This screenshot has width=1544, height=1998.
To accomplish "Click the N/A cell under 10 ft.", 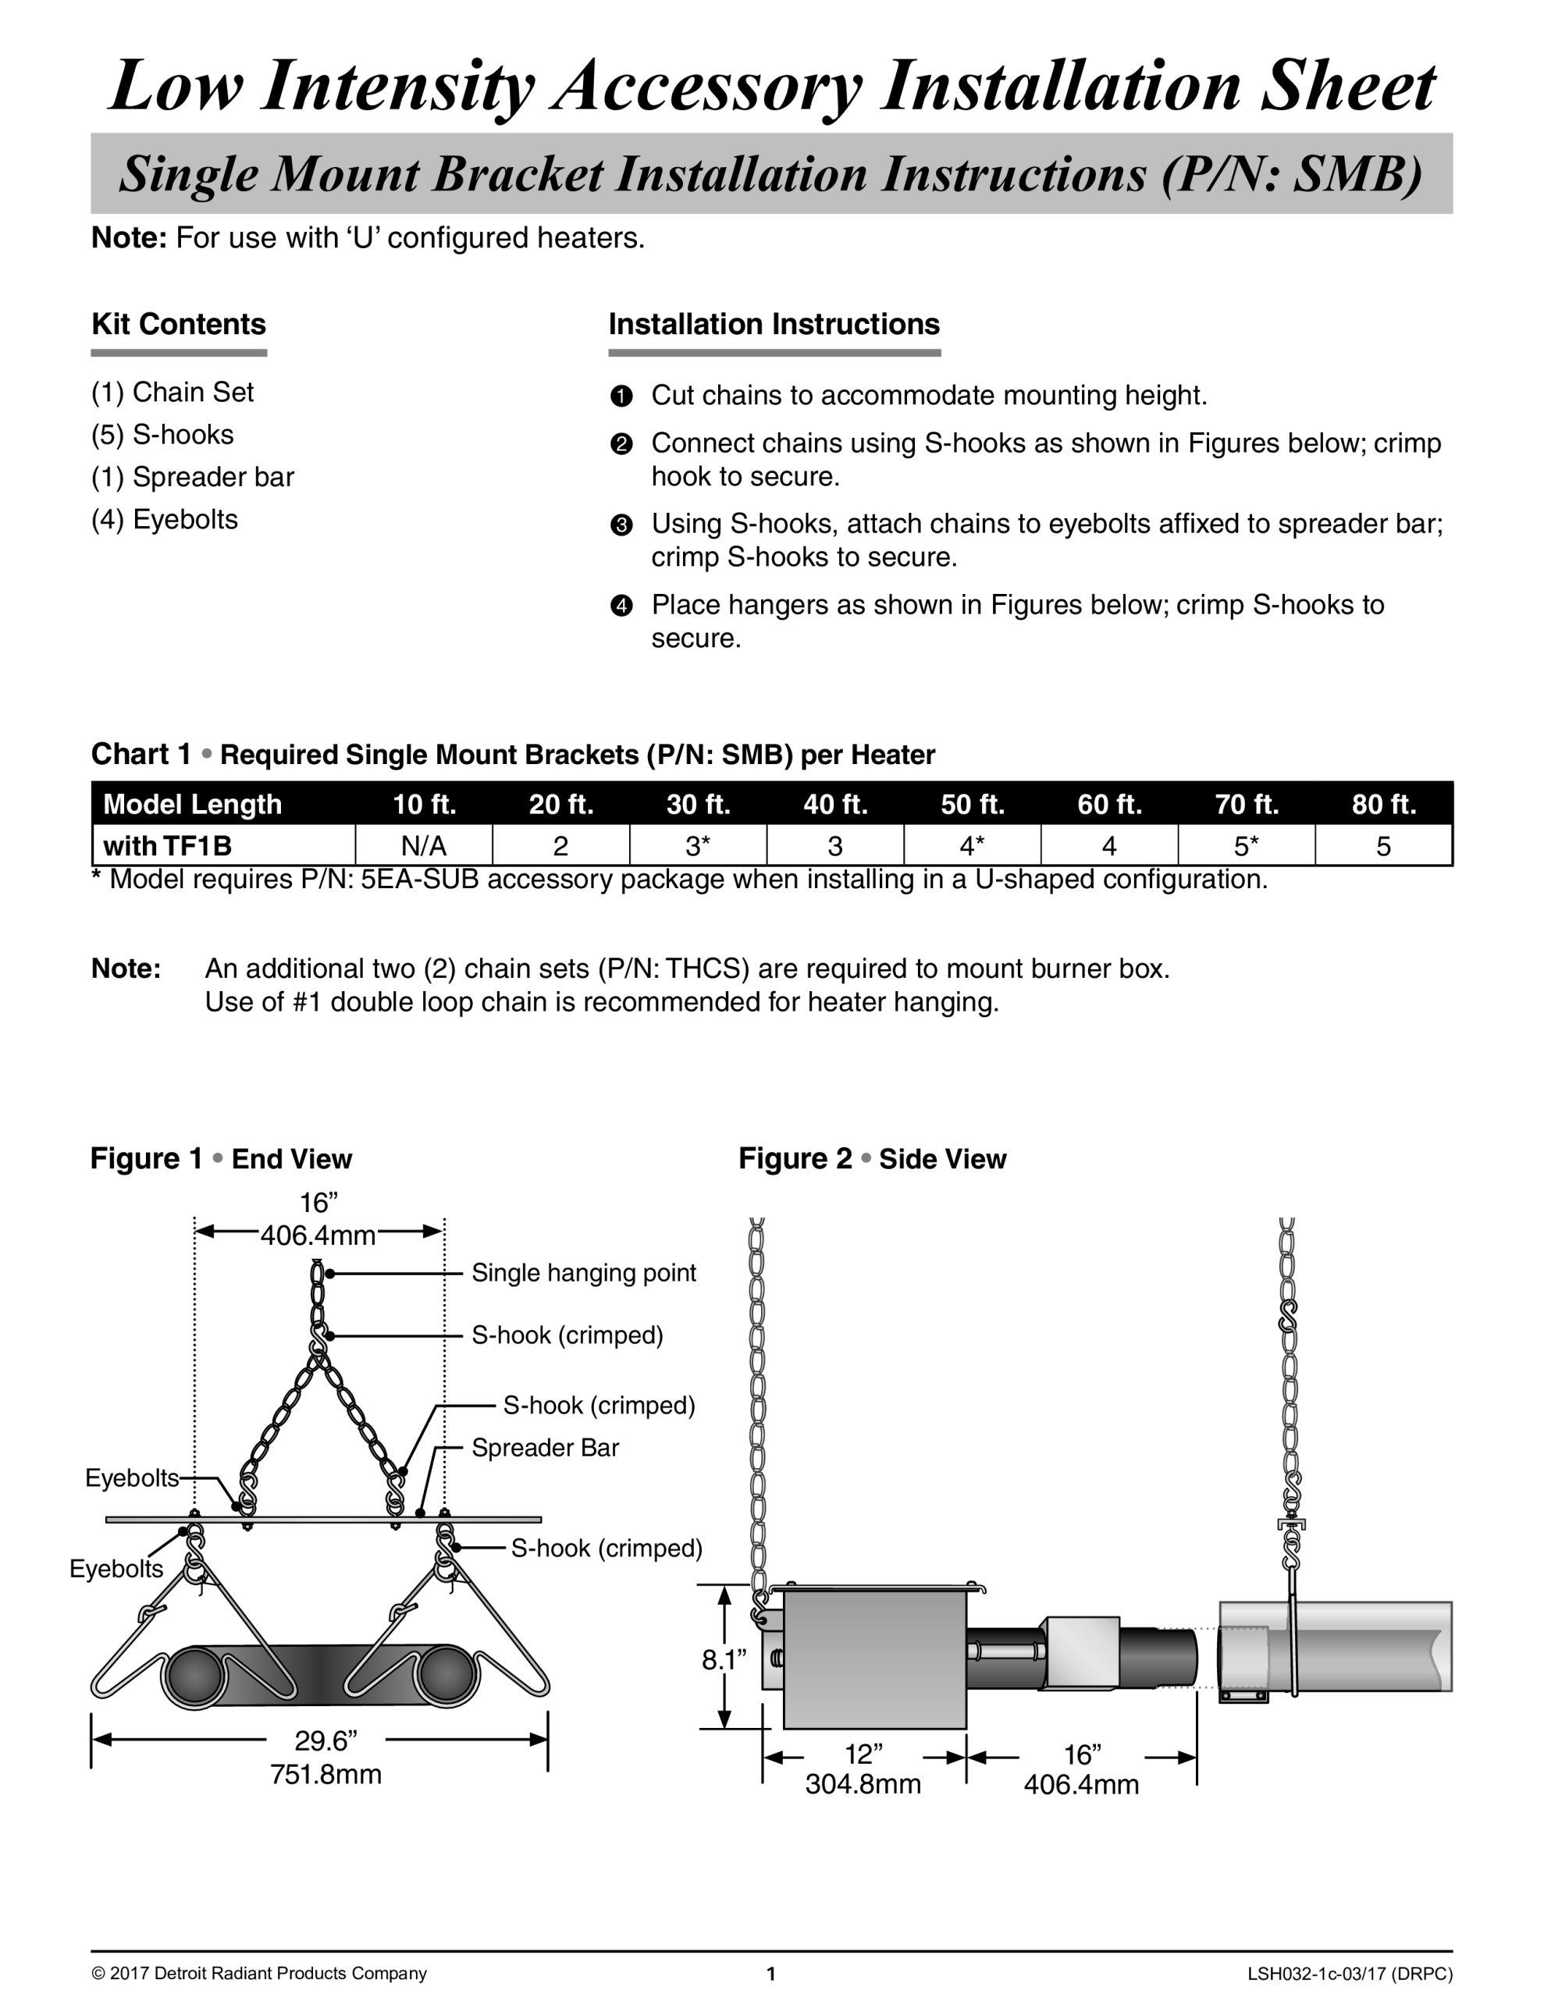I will tap(423, 845).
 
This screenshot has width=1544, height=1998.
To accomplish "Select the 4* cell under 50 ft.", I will tap(972, 845).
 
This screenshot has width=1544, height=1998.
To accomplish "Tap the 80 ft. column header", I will tap(1384, 804).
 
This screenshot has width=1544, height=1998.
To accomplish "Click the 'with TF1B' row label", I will tap(168, 845).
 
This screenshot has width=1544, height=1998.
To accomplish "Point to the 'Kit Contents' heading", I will tap(179, 324).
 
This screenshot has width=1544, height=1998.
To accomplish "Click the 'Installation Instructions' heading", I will tap(774, 324).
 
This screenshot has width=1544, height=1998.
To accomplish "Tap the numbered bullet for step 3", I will tap(621, 525).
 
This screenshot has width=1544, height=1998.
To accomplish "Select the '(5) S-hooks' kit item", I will tap(162, 435).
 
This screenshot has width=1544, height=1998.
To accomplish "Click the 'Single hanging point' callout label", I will tap(583, 1272).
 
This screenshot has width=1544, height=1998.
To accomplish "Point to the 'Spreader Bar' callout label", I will tap(545, 1447).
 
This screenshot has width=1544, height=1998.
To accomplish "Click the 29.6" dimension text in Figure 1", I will tap(325, 1740).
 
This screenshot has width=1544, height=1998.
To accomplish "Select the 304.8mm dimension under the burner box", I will tap(862, 1784).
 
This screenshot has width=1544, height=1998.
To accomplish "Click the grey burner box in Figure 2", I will tap(874, 1658).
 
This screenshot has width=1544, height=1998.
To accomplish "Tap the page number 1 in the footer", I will tap(771, 1973).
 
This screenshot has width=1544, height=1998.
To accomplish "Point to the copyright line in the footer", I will tap(259, 1973).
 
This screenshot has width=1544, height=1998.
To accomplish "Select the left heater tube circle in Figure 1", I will tap(194, 1676).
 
